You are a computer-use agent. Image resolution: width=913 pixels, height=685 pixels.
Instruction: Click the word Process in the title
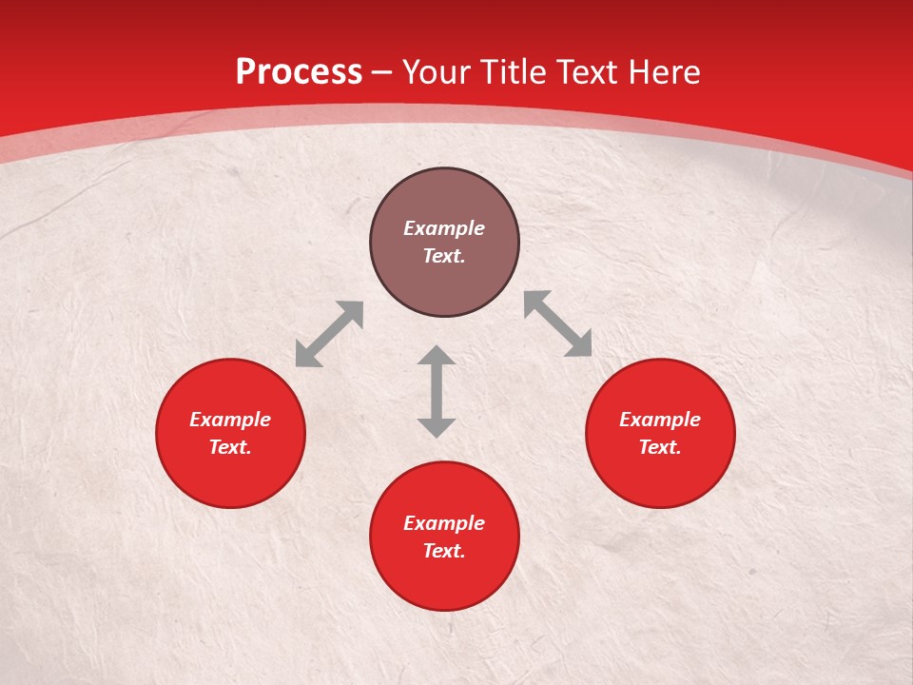coord(299,72)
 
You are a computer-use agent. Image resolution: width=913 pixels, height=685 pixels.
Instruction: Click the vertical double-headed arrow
coord(437,391)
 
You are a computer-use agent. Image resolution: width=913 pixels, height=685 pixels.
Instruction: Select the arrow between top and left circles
coord(329,334)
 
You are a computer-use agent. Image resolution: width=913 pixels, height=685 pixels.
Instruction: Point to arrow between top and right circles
coord(557,324)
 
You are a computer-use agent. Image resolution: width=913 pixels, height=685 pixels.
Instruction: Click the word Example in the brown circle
coord(444,228)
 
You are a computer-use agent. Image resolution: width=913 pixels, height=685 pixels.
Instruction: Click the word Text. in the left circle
coord(230,447)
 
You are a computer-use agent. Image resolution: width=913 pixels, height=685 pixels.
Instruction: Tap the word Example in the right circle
coord(660,420)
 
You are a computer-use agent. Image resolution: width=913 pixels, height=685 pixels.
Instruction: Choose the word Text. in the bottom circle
coord(444,551)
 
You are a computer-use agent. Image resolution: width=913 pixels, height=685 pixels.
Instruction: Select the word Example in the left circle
coord(230,420)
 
